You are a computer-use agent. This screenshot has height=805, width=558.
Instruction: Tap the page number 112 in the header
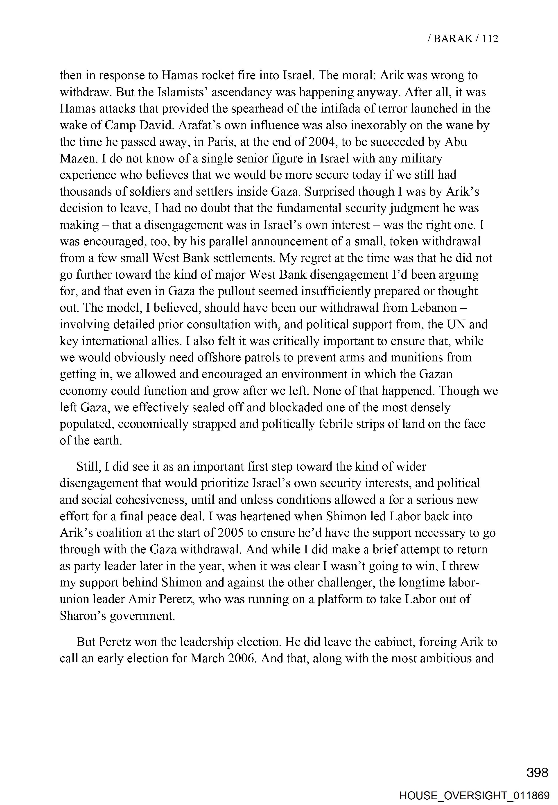490,38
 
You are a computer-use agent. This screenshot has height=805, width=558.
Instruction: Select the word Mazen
79,159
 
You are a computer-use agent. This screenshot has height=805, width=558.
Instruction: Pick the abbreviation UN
456,324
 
